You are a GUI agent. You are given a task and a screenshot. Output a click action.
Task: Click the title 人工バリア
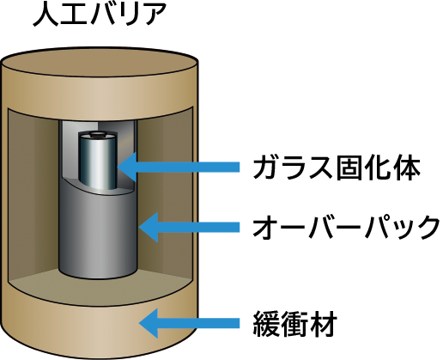[x=100, y=14]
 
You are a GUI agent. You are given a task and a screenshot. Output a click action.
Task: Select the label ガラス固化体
[x=337, y=168]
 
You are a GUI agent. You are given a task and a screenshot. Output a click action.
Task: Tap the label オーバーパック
[x=346, y=228]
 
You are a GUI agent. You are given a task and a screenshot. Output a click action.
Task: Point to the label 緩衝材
[x=295, y=324]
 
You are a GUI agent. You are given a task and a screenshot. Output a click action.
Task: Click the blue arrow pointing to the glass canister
[x=179, y=167]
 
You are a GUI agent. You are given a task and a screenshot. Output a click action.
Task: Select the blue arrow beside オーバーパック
[x=189, y=228]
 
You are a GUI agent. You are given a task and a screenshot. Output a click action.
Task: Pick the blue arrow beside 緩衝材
[x=189, y=323]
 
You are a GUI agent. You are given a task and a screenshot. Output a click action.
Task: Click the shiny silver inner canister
[x=98, y=162]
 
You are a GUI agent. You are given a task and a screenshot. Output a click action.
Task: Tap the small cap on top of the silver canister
[x=98, y=134]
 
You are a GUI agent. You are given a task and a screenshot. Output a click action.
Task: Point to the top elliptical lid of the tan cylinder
[x=99, y=62]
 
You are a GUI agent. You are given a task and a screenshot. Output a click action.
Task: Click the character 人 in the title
[x=46, y=15]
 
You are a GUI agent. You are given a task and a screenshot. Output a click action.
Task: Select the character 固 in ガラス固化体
[x=350, y=168]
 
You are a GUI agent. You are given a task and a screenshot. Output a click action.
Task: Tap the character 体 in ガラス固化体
[x=407, y=168]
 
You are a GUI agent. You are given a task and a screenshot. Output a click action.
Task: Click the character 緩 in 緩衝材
[x=266, y=324]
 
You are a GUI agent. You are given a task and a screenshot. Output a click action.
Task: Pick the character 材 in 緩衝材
[x=324, y=324]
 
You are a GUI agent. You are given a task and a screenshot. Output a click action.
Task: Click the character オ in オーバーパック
[x=266, y=228]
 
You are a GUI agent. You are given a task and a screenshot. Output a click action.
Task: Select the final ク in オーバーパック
[x=428, y=228]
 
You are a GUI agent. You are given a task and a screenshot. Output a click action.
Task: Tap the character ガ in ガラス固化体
[x=267, y=168]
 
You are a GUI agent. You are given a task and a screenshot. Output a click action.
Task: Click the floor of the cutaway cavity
[x=99, y=288]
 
